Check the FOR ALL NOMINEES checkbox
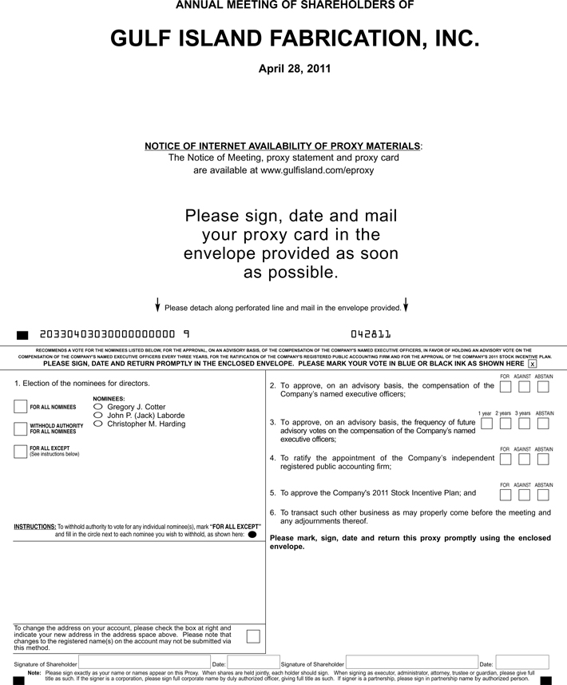(21, 407)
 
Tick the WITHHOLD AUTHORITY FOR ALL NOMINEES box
(21, 428)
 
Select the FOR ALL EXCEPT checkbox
(21, 452)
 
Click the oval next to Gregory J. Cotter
(98, 407)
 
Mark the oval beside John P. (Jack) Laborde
(98, 416)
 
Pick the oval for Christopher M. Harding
(98, 424)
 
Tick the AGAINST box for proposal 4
(524, 460)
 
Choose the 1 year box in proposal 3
(486, 424)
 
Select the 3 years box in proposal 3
(524, 424)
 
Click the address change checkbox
(253, 636)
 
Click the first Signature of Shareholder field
(144, 663)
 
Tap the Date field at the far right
(522, 663)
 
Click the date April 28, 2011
(295, 69)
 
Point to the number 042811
(371, 334)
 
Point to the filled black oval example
(252, 535)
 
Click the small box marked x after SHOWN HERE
(533, 364)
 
